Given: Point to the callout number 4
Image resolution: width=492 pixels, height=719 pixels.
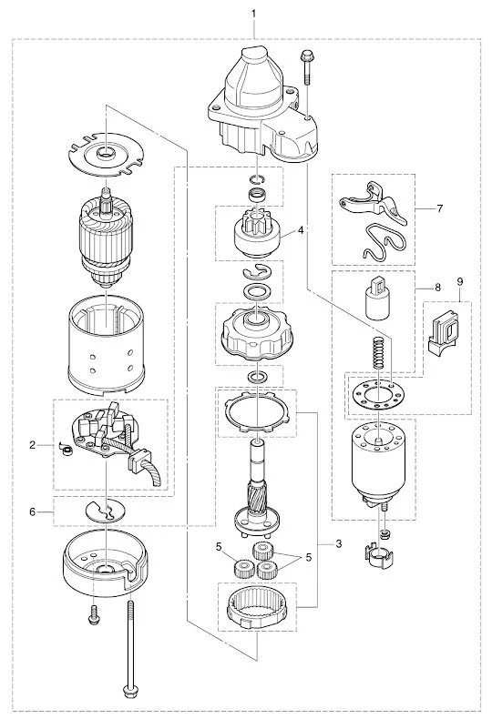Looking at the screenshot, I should [x=300, y=230].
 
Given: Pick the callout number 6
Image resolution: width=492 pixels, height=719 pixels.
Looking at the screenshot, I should [x=32, y=511].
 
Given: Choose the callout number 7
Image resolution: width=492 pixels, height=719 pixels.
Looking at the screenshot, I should [x=439, y=208].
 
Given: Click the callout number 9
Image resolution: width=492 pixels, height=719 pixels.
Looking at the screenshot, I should [x=460, y=283].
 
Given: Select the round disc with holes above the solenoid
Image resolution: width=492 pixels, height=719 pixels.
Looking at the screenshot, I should [x=375, y=396].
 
